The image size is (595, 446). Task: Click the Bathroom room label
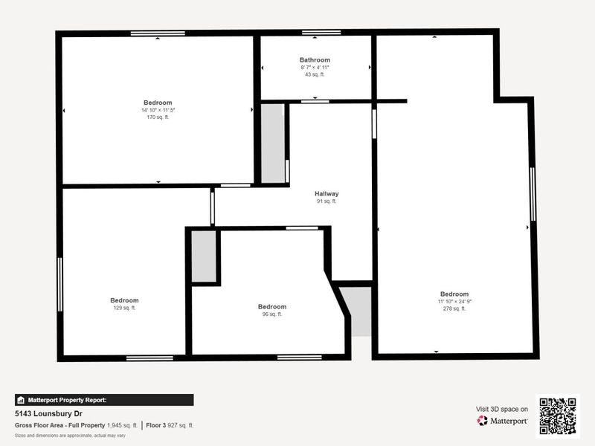click(315, 59)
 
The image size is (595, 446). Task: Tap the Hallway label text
click(327, 194)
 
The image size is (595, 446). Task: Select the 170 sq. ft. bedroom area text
click(158, 117)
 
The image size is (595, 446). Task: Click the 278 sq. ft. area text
click(454, 308)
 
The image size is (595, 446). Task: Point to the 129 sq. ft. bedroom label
click(124, 300)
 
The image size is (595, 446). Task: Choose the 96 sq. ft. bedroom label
click(271, 307)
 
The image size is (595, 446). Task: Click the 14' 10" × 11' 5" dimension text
click(158, 110)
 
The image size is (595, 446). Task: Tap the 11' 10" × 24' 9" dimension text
click(454, 301)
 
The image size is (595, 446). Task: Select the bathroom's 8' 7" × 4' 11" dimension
click(315, 67)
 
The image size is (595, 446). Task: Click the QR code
click(558, 416)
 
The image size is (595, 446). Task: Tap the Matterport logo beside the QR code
click(503, 421)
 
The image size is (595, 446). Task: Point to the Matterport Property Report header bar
click(104, 400)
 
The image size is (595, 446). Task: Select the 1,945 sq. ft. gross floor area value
click(123, 425)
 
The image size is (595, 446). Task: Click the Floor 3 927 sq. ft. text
click(170, 425)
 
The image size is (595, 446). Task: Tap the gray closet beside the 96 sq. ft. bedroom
click(204, 256)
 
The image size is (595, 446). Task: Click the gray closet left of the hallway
click(273, 143)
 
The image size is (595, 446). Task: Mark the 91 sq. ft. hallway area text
click(327, 201)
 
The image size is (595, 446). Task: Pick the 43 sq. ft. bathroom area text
click(315, 74)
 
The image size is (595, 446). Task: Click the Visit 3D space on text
click(502, 409)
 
